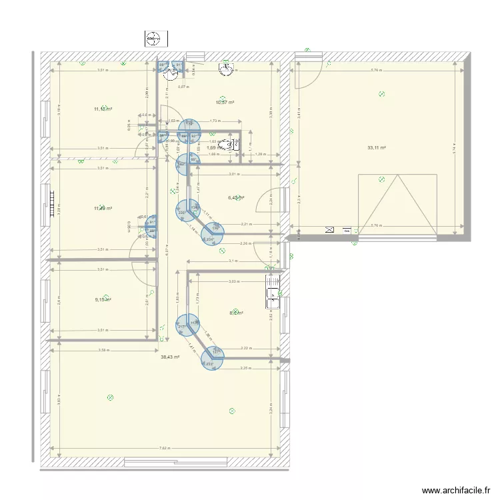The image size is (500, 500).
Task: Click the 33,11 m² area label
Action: tap(377, 148)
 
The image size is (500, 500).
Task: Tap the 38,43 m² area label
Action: tap(171, 357)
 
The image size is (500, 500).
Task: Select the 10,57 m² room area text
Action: tap(225, 102)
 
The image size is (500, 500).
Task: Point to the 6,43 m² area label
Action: tap(236, 197)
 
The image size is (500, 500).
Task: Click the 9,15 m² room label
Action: tap(103, 300)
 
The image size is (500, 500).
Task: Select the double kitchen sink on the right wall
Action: tap(272, 292)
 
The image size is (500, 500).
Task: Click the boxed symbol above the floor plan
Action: tap(154, 39)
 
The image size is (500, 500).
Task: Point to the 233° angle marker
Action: tap(211, 364)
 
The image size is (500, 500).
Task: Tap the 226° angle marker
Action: tap(182, 213)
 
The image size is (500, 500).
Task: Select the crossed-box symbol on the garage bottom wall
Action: tap(329, 229)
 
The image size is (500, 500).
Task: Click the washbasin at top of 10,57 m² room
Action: tap(228, 67)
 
